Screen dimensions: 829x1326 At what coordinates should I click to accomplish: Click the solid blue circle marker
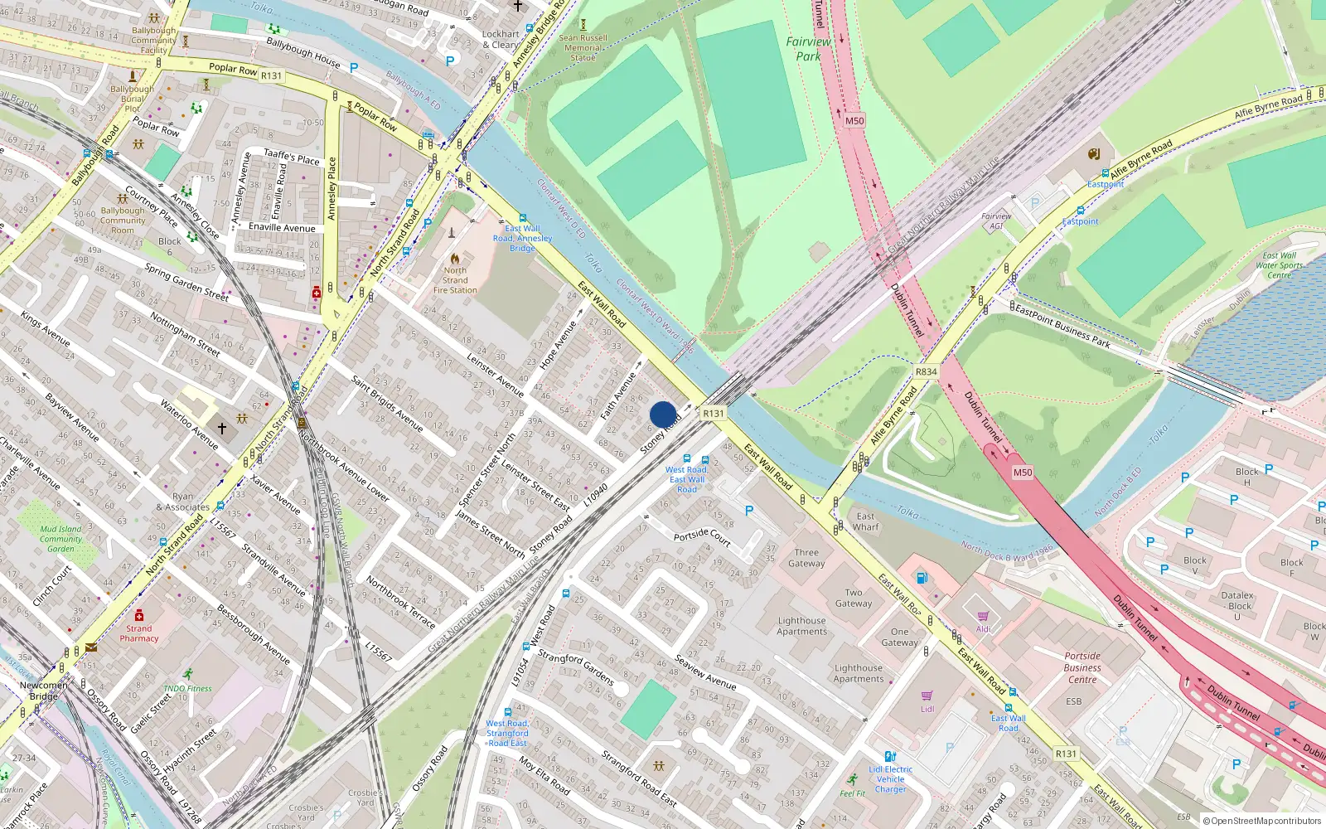[663, 414]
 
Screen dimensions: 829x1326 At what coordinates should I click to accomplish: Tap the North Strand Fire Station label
[455, 280]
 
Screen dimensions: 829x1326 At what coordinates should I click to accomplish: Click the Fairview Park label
[808, 49]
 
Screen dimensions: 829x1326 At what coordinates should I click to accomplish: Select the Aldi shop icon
[983, 617]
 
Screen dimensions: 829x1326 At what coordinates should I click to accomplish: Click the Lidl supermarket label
[927, 709]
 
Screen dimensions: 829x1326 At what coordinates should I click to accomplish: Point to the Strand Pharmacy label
[138, 633]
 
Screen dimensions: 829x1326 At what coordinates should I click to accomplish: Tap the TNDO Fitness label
[187, 688]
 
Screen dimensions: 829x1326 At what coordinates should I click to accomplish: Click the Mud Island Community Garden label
[60, 539]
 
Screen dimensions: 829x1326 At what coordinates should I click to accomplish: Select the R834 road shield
[926, 371]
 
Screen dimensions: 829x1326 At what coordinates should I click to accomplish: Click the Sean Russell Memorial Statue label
[583, 47]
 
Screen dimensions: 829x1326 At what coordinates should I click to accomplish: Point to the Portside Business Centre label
[1082, 667]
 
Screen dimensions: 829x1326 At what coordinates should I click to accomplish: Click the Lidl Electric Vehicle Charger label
[890, 778]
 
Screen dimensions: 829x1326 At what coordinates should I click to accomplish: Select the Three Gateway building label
[806, 557]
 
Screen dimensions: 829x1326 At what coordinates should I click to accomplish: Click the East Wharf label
[865, 521]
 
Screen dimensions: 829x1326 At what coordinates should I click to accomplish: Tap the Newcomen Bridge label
[44, 691]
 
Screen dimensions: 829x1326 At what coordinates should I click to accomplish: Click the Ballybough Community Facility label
[153, 40]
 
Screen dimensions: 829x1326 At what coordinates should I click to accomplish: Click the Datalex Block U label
[1236, 605]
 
